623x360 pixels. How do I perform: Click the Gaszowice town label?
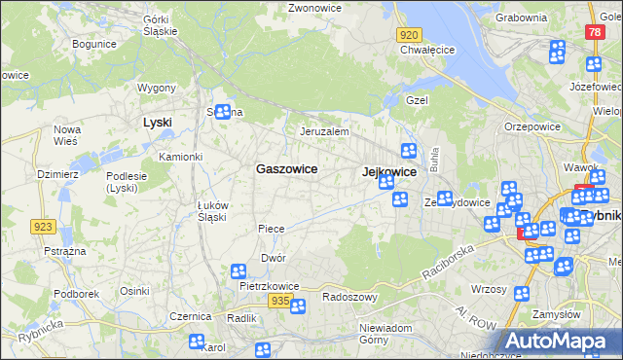coord(286,168)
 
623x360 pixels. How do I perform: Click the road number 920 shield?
coord(409,34)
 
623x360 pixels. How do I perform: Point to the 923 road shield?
coord(43,227)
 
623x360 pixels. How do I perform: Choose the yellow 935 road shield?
coord(279,302)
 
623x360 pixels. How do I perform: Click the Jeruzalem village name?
coord(324,130)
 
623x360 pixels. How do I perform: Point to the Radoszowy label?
coord(349,297)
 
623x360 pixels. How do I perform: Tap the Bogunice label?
coord(94,44)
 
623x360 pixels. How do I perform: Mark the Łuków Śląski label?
coord(211,210)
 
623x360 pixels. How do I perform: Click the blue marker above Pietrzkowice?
coord(238,271)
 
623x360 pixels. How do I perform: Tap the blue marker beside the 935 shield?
coord(298,306)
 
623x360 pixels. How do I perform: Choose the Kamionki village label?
coord(180,157)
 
